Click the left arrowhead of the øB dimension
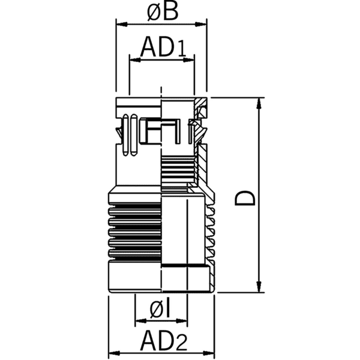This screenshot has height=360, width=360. [119, 25]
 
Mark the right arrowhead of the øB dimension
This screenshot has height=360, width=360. [203, 25]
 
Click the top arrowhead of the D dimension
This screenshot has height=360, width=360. [259, 101]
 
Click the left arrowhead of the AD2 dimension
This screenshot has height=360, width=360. [112, 353]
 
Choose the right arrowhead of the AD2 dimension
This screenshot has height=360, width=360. [213, 353]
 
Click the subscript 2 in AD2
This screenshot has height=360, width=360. [179, 344]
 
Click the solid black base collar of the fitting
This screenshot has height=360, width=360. [135, 278]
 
